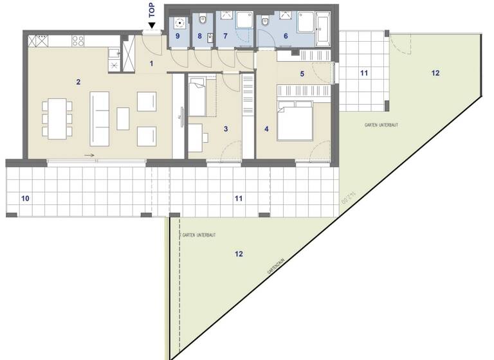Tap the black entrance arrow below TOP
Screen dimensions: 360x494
[x=152, y=26]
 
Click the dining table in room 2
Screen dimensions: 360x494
[x=56, y=118]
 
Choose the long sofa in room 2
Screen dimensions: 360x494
[x=100, y=118]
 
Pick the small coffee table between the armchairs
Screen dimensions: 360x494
[x=123, y=118]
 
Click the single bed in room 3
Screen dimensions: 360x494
[x=197, y=97]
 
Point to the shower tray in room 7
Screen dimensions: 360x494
[x=244, y=21]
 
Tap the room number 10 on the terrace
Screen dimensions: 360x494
[x=25, y=198]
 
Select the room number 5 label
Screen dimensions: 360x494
[x=302, y=73]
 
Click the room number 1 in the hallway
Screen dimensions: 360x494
[x=151, y=63]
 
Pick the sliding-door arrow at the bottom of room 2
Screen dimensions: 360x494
[x=89, y=155]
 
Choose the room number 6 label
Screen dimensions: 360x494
[x=286, y=37]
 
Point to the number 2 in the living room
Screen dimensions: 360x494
[x=78, y=82]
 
